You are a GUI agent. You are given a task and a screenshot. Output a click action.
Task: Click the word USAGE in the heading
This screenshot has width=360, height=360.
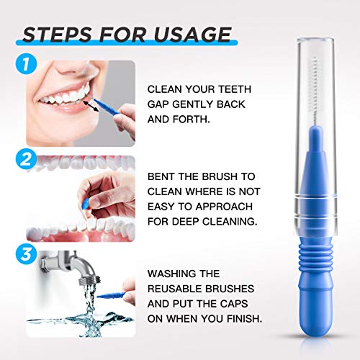[193, 34]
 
